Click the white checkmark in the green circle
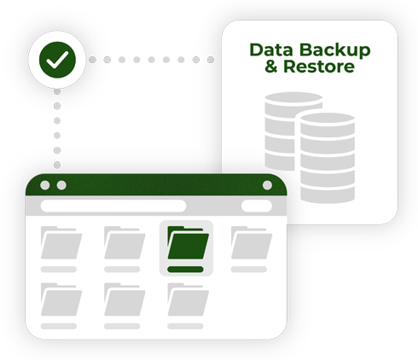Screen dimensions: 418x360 coord(57,60)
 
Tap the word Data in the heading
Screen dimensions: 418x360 coord(271,49)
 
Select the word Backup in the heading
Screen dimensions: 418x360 coord(335,50)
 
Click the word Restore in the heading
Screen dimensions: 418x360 coord(319,67)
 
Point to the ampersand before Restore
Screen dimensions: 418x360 coord(271,67)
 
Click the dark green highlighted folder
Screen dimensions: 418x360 coord(189,242)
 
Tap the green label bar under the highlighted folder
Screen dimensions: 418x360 coord(185,270)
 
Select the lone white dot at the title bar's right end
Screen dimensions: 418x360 coord(267,185)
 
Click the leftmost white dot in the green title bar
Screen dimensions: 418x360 coord(44,185)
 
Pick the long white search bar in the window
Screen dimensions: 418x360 coord(113,206)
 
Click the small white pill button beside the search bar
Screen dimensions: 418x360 coord(257,206)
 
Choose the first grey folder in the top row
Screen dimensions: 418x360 coord(61,242)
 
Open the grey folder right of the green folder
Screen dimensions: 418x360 coord(252,242)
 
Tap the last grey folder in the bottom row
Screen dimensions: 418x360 coord(189,299)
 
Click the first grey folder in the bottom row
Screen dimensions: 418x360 coord(61,299)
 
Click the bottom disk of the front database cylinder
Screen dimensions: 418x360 coord(328,194)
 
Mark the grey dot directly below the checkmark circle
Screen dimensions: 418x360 coord(57,91)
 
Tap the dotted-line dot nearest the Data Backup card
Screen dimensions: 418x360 coord(211,60)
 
